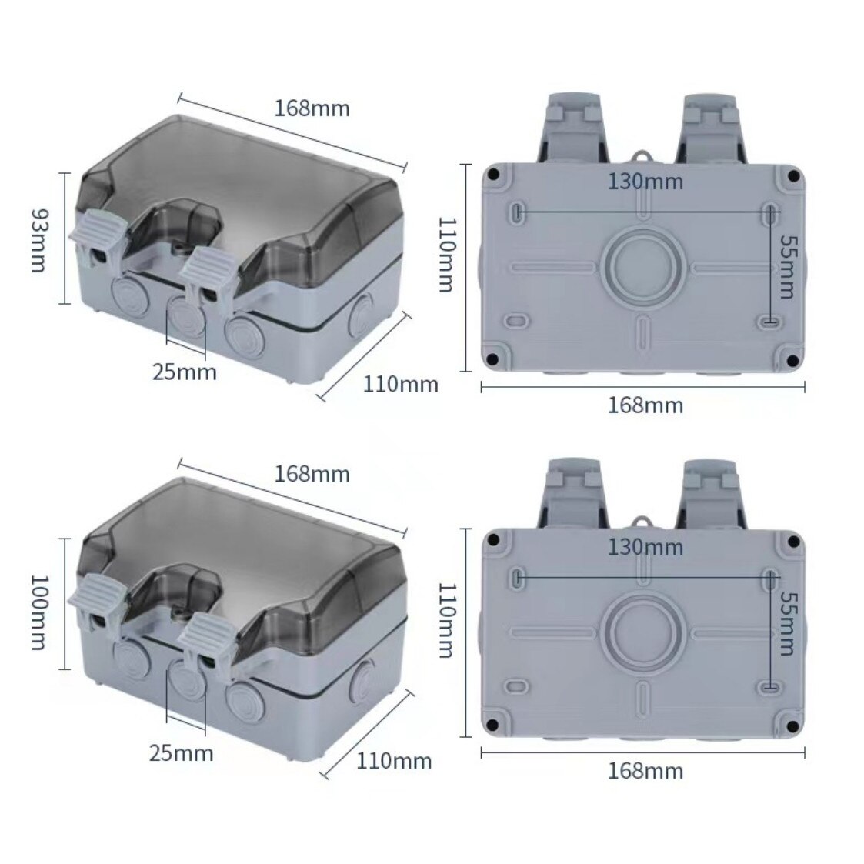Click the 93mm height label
click(39, 240)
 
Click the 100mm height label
click(39, 612)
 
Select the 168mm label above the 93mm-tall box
click(312, 108)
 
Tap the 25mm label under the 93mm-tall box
click(184, 372)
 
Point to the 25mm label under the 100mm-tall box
click(182, 752)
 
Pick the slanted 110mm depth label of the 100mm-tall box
click(394, 761)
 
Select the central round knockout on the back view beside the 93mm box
click(643, 267)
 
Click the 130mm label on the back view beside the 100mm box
click(645, 547)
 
